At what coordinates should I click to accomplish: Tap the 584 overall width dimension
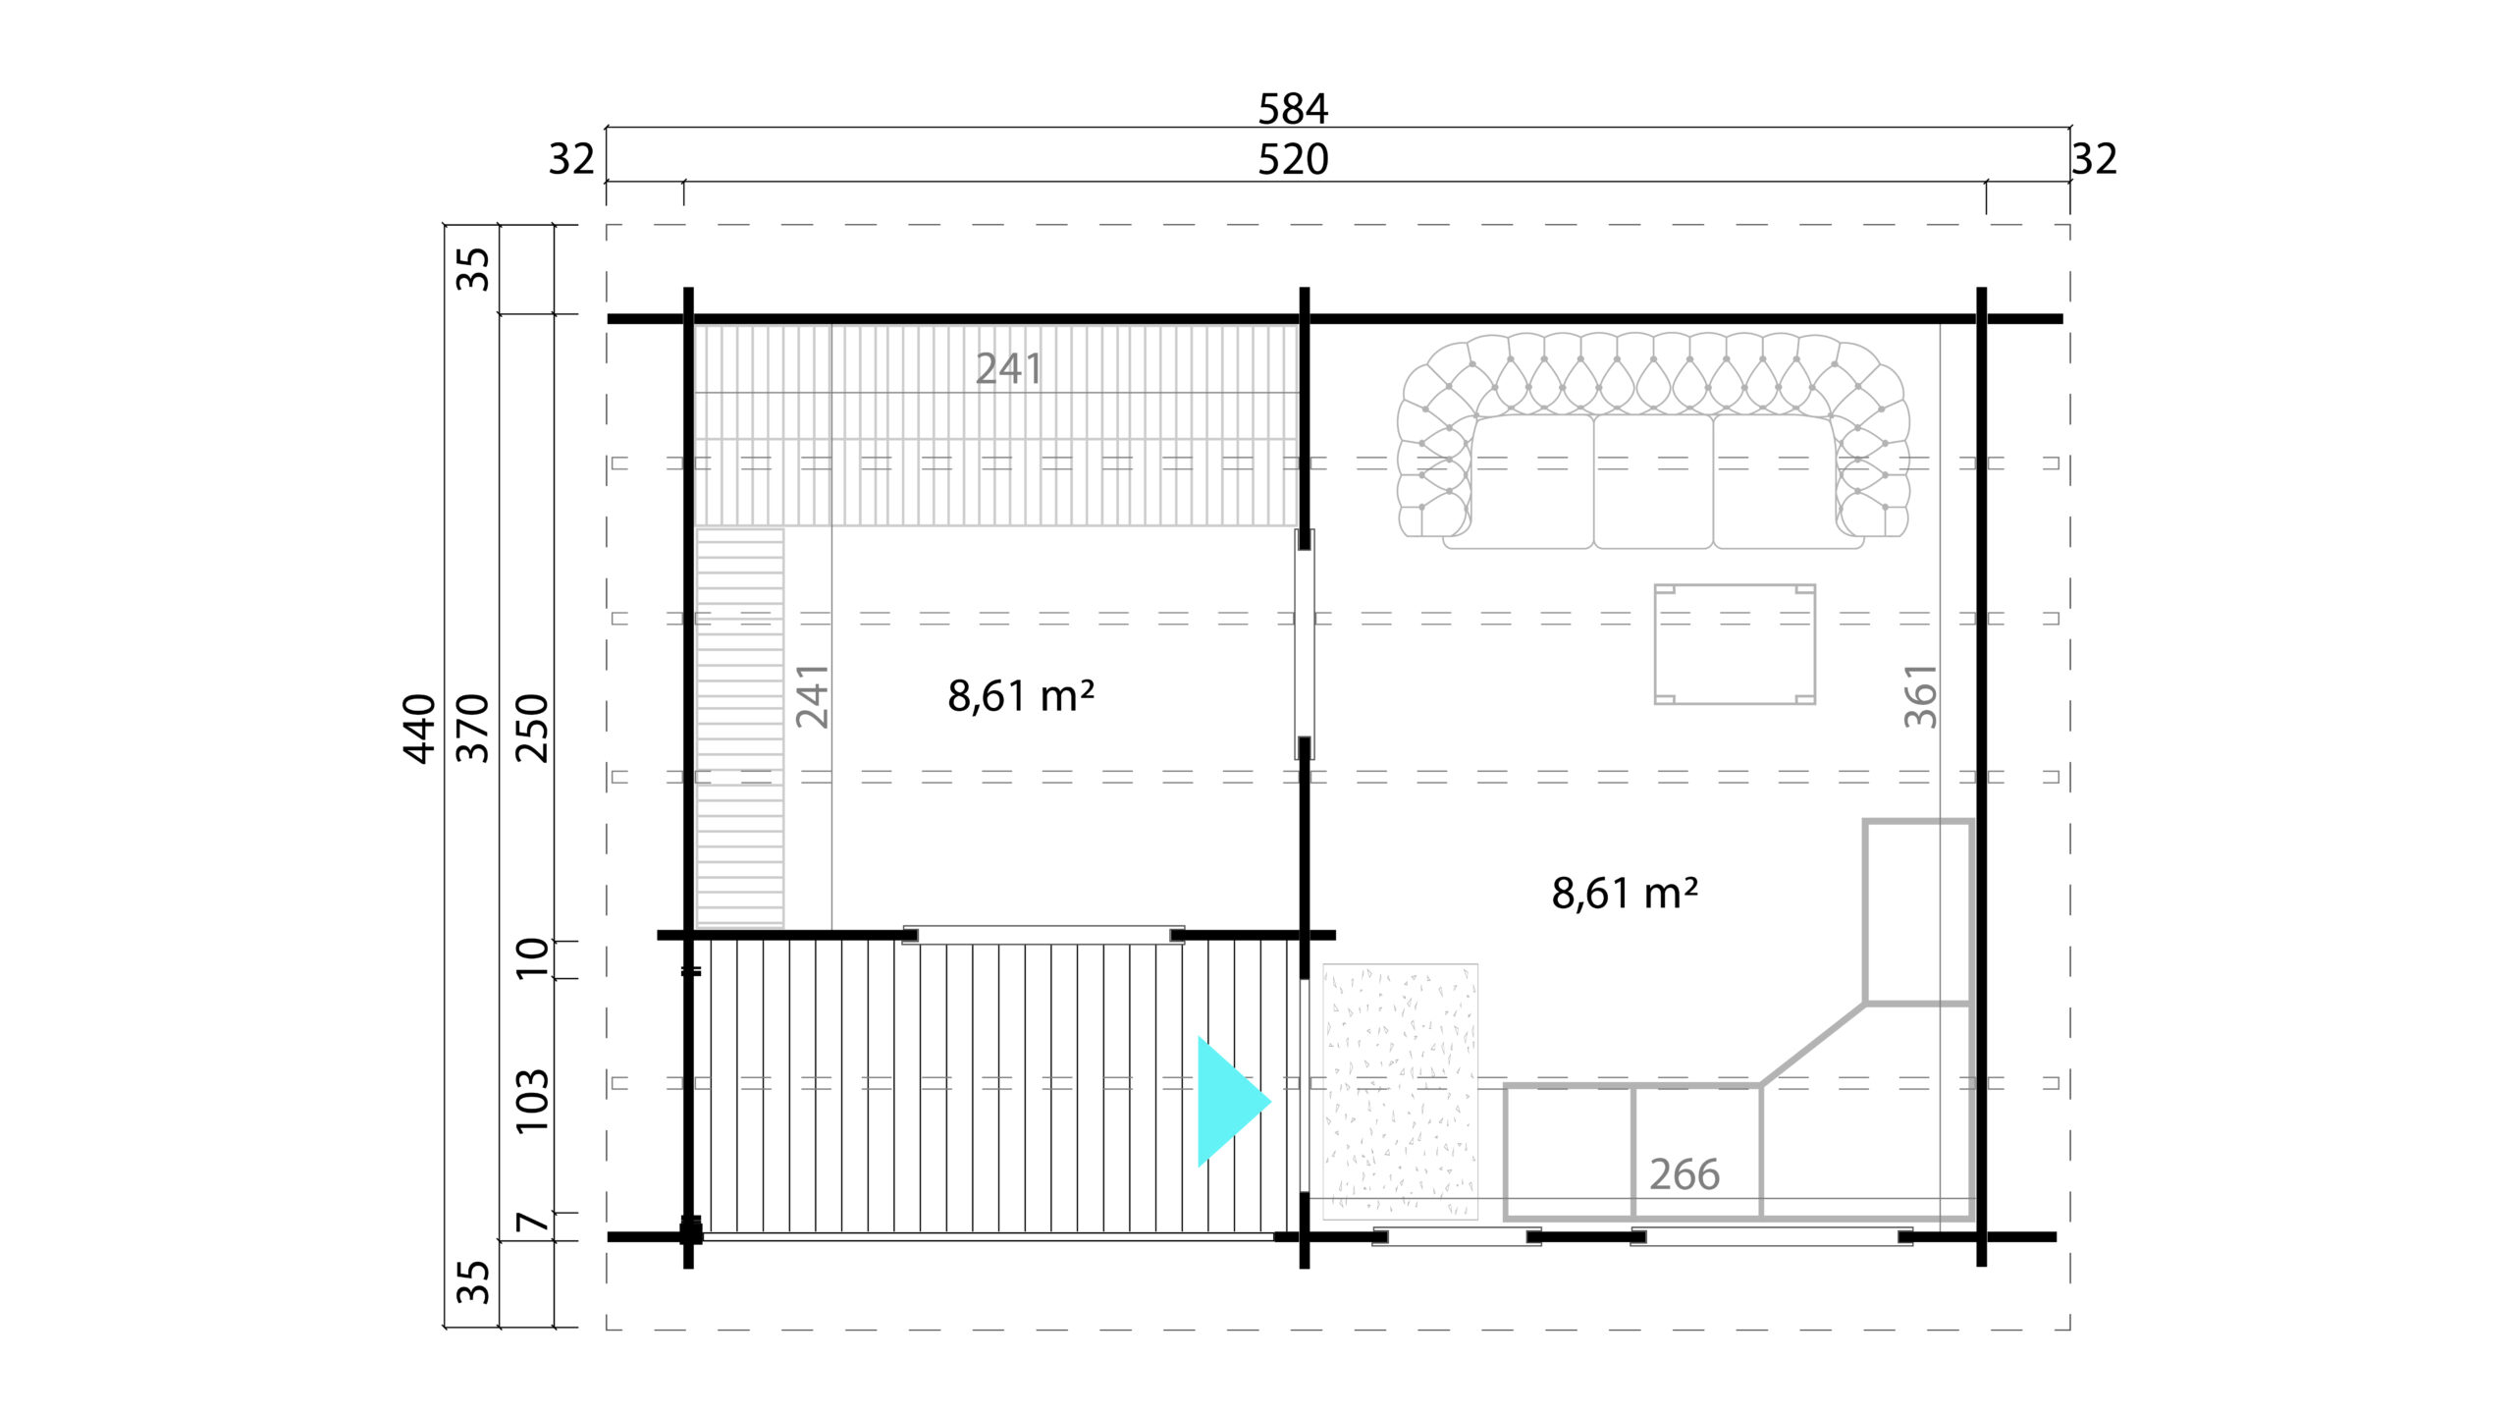(x=1293, y=109)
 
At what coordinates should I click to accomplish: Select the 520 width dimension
(x=1293, y=159)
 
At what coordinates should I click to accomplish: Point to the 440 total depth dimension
(x=419, y=728)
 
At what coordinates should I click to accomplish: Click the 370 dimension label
(x=473, y=728)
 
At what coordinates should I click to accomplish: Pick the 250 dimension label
(x=532, y=728)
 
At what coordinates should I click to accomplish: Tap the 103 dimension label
(x=532, y=1100)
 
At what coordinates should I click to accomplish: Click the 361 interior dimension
(x=1920, y=695)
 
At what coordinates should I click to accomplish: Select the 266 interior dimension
(x=1684, y=1174)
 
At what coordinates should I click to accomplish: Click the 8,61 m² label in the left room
(x=1021, y=695)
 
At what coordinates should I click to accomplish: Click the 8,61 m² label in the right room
(x=1625, y=893)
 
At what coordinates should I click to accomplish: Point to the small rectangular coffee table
(x=1735, y=644)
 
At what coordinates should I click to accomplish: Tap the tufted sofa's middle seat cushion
(x=1653, y=481)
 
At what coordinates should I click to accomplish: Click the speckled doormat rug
(x=1400, y=1092)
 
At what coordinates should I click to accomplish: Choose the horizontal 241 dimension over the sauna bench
(x=1008, y=368)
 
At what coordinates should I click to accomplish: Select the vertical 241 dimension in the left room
(x=812, y=695)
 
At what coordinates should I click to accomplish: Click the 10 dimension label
(x=532, y=957)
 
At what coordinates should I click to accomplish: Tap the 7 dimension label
(x=532, y=1223)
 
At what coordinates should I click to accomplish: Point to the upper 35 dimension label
(x=473, y=268)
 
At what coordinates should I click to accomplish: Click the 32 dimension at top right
(x=2094, y=159)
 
